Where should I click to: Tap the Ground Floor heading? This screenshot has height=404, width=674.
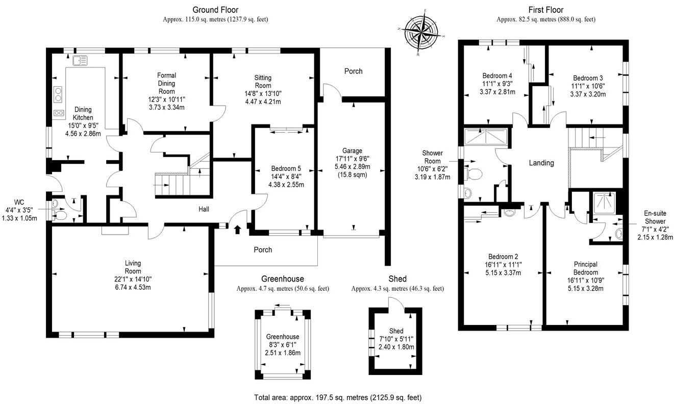point(215,10)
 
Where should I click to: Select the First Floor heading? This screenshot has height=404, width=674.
point(546,10)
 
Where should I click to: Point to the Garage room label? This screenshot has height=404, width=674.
point(352,150)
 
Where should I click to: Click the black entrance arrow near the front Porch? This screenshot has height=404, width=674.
point(237,230)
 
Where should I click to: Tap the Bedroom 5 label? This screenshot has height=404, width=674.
point(286,169)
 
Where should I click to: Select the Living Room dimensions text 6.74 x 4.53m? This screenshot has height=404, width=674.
point(133,287)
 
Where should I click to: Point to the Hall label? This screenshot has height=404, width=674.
point(204,209)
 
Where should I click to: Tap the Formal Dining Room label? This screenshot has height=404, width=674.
point(166,83)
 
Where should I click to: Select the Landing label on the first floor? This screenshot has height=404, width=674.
point(541,163)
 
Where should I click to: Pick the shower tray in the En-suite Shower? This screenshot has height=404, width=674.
point(604,204)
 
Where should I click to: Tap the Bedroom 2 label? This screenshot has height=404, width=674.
point(503,257)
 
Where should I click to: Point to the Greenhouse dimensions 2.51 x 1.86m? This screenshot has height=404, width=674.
point(283,353)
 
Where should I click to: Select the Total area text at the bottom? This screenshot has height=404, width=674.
point(338,397)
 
